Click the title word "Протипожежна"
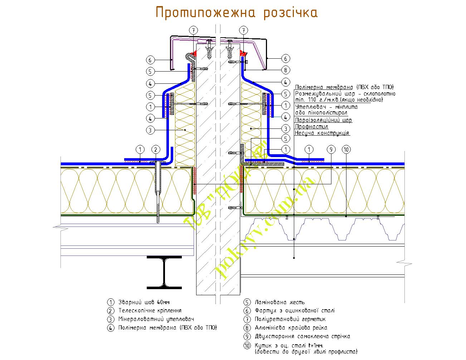click(205, 13)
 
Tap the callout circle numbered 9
click(331, 149)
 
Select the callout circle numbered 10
click(346, 149)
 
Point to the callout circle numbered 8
click(285, 70)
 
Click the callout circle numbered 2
click(156, 149)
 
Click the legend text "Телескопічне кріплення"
click(150, 311)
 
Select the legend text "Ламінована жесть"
click(280, 302)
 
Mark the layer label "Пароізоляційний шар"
click(323, 120)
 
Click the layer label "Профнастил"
click(311, 127)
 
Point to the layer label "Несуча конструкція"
click(322, 133)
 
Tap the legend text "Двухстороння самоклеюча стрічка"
click(302, 336)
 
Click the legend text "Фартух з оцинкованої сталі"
click(295, 311)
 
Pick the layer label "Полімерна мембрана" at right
click(324, 87)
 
